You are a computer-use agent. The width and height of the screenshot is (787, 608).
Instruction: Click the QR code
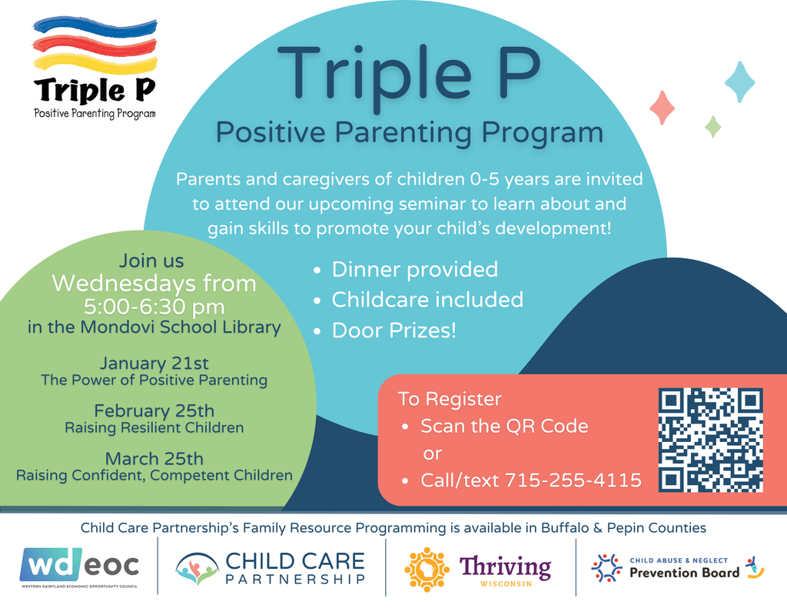tap(711, 440)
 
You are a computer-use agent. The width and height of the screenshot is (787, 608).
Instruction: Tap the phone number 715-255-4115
tap(573, 480)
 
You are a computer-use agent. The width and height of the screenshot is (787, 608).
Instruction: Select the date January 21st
tap(154, 363)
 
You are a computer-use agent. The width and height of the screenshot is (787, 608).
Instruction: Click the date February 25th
tap(154, 410)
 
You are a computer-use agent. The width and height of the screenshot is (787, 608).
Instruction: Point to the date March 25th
tap(154, 458)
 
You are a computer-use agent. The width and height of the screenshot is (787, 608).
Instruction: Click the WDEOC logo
tap(79, 567)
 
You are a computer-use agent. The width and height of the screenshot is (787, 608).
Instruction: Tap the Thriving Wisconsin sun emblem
tap(427, 570)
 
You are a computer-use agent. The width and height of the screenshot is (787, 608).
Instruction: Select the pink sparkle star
tap(662, 108)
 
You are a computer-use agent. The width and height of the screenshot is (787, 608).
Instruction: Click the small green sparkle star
tap(712, 126)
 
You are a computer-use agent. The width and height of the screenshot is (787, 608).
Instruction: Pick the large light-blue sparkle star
tap(740, 81)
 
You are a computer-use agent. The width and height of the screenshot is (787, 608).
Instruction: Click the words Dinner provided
tap(414, 270)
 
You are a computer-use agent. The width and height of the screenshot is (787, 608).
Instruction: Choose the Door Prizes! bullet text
tap(394, 331)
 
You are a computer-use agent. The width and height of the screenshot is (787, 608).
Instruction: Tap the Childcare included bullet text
tap(427, 300)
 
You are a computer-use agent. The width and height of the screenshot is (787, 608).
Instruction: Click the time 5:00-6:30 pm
tap(154, 306)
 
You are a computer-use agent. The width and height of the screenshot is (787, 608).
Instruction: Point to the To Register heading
tap(450, 399)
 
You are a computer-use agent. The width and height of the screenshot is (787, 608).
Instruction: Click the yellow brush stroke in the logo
tap(95, 63)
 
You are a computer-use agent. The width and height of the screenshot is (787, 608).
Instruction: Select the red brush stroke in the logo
tap(95, 45)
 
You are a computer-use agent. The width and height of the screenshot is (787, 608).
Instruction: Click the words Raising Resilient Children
tap(154, 428)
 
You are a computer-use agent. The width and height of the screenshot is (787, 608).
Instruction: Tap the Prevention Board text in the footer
tap(684, 573)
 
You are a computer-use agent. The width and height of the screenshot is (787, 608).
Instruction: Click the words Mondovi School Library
tap(181, 327)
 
